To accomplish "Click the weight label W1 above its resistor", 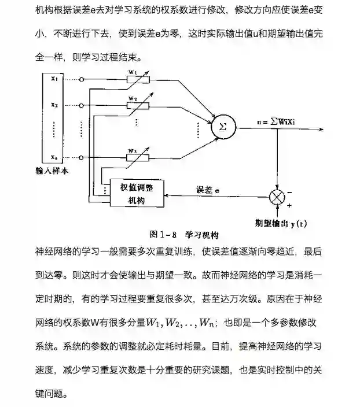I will [132, 72].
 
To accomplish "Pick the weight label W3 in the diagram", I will [132, 150].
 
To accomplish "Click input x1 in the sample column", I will [54, 79].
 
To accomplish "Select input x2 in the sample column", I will [54, 105].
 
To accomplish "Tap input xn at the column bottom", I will [54, 157].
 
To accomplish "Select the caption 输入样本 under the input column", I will [52, 171].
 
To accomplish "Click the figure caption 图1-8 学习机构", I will [183, 235].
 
